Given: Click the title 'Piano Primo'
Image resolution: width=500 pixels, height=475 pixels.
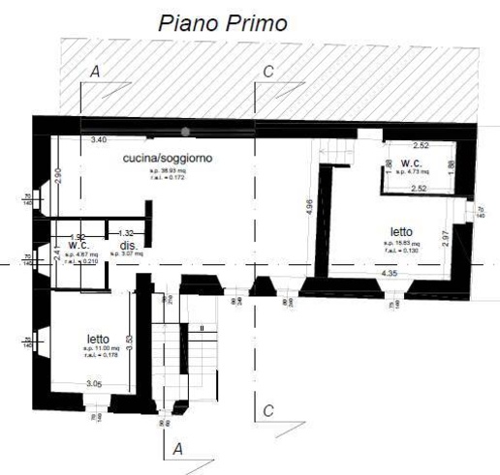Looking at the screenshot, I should point(223,23).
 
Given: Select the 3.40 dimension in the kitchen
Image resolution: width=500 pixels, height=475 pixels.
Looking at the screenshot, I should point(99,141).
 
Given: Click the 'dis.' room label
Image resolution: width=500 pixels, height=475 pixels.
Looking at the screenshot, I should point(128,246).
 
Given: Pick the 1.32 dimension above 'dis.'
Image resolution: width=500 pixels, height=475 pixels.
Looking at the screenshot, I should point(125,233).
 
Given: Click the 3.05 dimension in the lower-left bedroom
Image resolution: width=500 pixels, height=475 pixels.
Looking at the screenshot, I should point(93,384).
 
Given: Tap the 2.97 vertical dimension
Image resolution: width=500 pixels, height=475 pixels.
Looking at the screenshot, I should point(445,237).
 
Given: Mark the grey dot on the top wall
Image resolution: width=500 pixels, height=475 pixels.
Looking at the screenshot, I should point(185,131).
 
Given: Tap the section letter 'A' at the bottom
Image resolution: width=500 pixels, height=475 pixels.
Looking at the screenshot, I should point(176,449).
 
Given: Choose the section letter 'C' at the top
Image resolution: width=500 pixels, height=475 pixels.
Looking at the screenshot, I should point(268,72).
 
